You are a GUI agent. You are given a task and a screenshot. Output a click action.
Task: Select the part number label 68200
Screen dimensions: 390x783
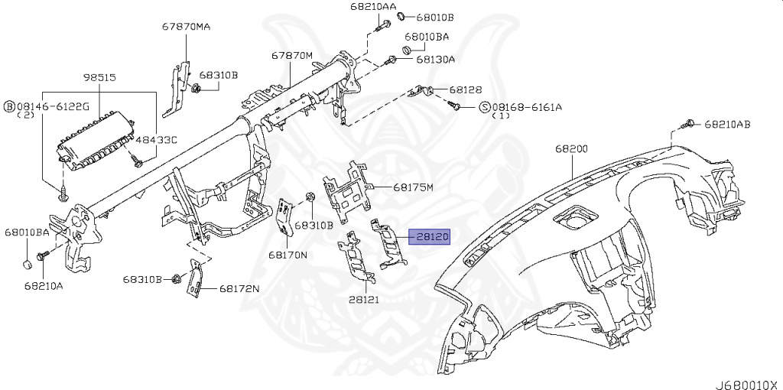click(571, 148)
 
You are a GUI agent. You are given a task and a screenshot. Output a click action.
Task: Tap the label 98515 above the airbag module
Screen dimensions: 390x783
click(99, 78)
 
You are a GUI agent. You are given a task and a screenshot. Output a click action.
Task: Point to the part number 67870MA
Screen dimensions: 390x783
click(186, 27)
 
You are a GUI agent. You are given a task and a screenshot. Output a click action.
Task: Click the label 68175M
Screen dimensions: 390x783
click(414, 187)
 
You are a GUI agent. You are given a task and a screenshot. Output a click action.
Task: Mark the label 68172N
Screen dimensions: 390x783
click(240, 288)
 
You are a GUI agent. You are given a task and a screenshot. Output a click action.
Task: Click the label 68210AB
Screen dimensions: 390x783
click(727, 123)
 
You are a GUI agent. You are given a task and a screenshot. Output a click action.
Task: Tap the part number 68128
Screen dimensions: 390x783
click(466, 89)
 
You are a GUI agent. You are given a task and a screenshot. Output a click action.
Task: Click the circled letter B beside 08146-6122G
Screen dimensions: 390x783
click(11, 106)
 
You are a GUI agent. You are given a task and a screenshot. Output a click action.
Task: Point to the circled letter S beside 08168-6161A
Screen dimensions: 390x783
click(484, 107)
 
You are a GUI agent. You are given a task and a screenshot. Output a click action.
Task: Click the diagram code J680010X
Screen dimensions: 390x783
click(746, 383)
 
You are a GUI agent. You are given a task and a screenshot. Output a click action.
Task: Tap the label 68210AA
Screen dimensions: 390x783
click(374, 7)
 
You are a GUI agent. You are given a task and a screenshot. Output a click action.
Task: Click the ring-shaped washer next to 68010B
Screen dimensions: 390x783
click(401, 17)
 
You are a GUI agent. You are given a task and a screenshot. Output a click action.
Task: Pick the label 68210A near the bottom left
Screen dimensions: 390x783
click(44, 286)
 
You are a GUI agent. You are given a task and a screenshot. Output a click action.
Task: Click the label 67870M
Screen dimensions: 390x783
click(292, 56)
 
